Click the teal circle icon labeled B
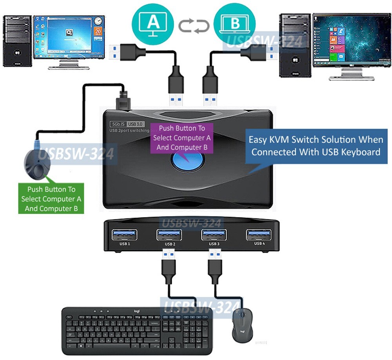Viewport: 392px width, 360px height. pos(234,22)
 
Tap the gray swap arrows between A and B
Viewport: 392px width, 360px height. pos(194,26)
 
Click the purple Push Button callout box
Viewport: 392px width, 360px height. pos(182,138)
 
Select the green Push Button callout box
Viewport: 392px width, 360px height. pos(51,198)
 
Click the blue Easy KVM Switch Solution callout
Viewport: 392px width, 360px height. pos(316,146)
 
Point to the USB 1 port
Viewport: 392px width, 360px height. pos(125,235)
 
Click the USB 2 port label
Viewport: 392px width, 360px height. pos(169,244)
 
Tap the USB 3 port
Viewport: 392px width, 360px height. pos(214,235)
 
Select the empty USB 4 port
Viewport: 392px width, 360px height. pos(259,235)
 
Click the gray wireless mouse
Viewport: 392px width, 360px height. pos(242,325)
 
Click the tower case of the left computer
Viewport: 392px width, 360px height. pos(17,41)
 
